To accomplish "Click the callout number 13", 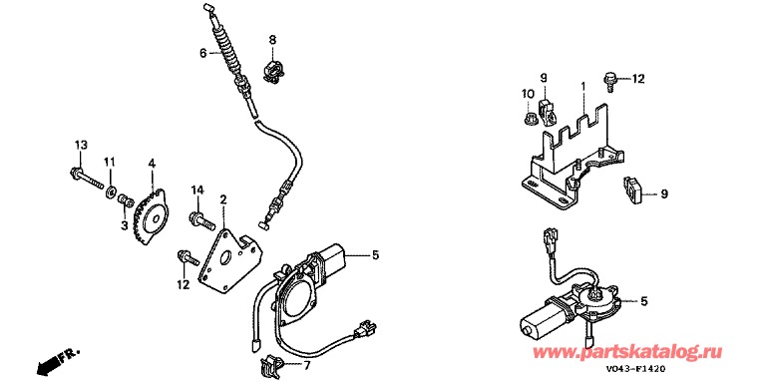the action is click(x=81, y=145).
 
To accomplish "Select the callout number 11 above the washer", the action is click(x=110, y=162).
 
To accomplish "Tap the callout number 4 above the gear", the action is click(x=152, y=164).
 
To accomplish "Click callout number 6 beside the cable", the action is click(x=203, y=53).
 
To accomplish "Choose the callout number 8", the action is click(x=272, y=38).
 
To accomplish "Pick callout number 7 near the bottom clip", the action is click(x=306, y=365).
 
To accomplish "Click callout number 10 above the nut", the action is click(x=528, y=94).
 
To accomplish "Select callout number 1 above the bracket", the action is click(x=582, y=85).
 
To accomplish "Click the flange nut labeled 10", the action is click(x=527, y=118).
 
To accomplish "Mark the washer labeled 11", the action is click(x=111, y=190).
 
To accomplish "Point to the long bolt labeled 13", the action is click(x=86, y=179).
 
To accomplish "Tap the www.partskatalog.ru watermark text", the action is click(x=627, y=351).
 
